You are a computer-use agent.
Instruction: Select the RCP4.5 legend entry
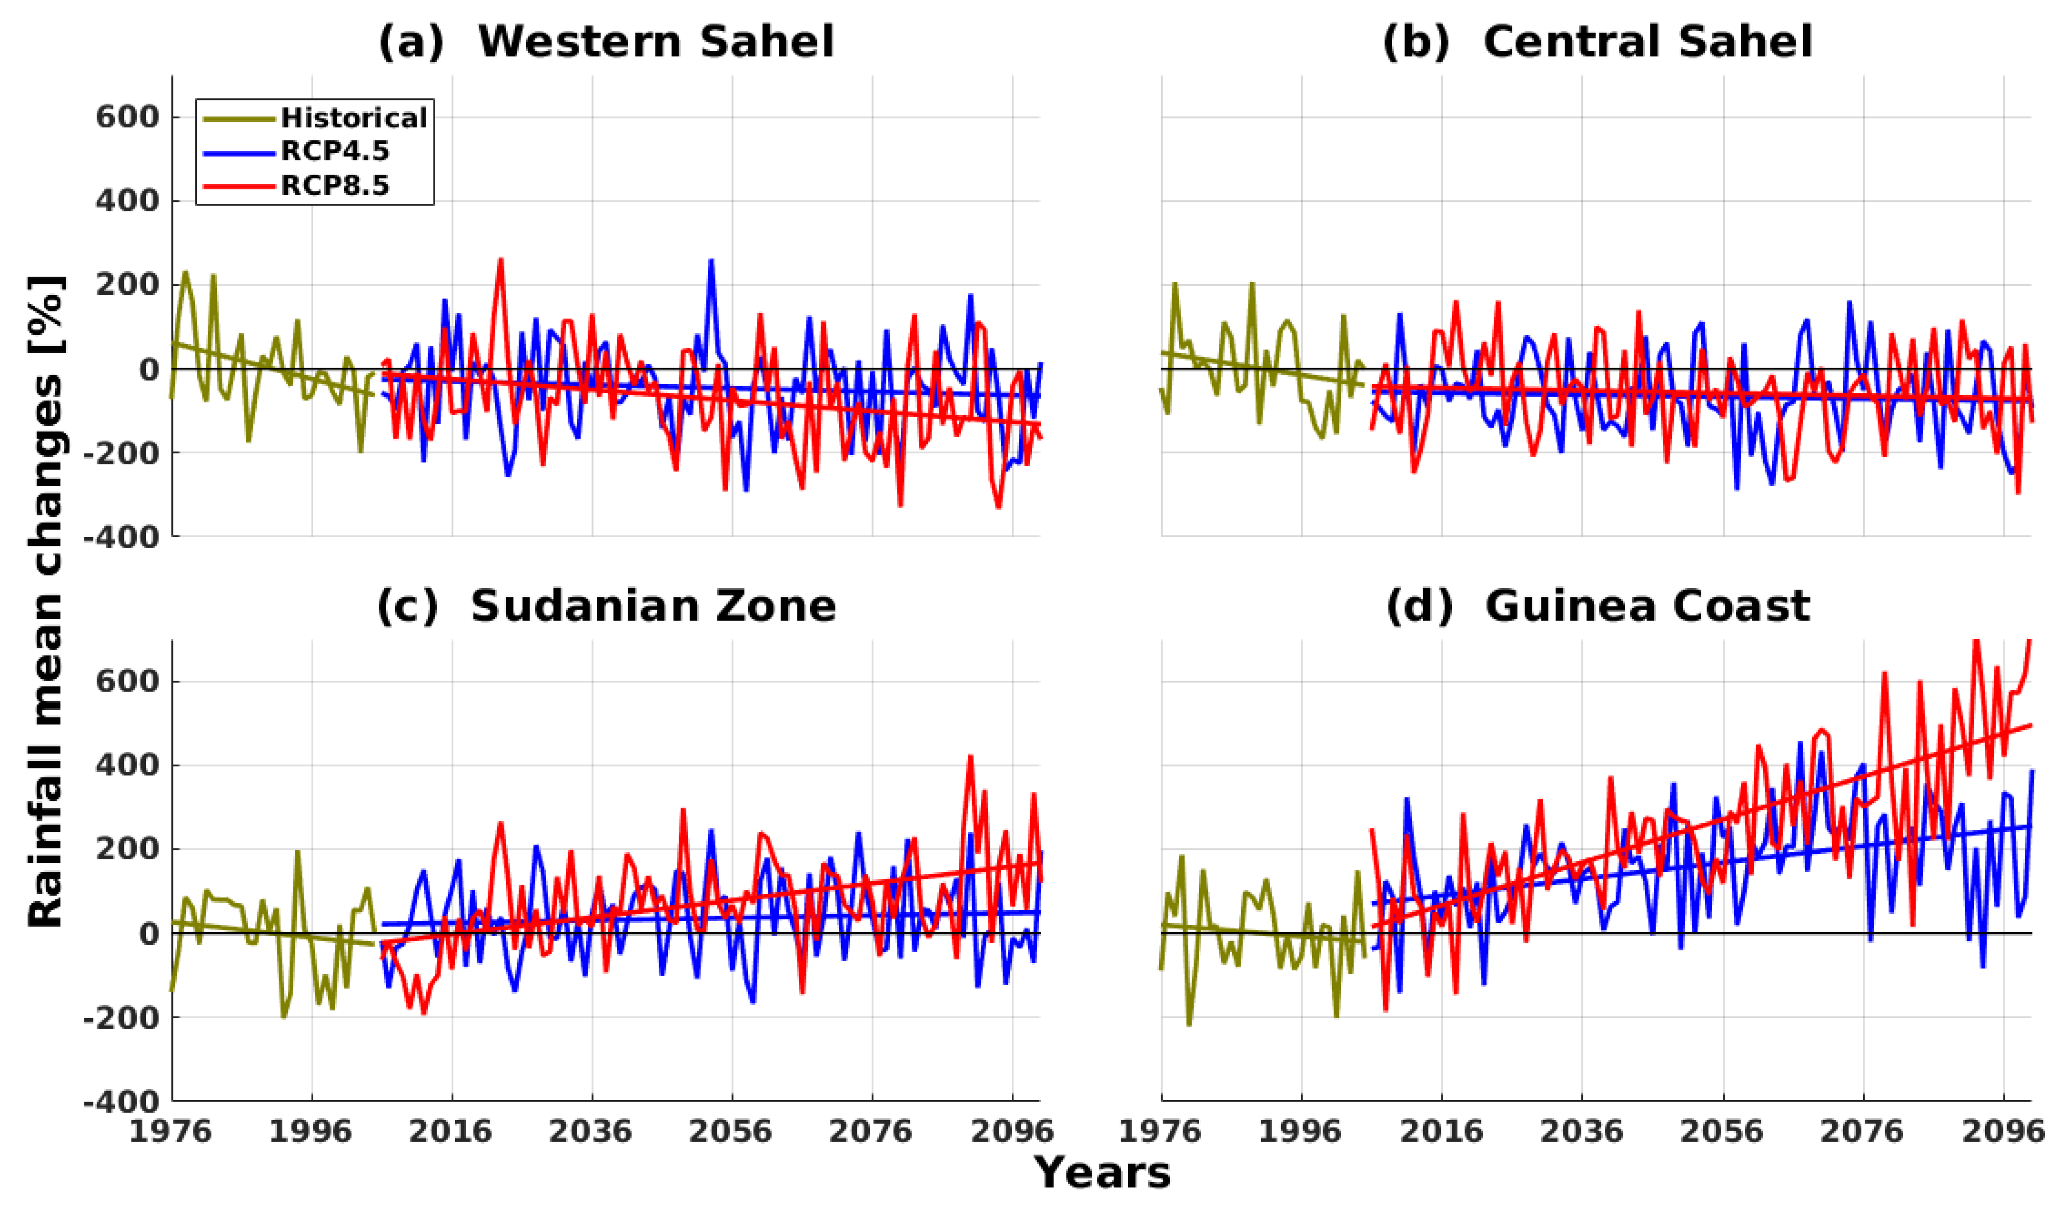[334, 152]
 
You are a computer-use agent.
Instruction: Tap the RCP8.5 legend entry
[334, 186]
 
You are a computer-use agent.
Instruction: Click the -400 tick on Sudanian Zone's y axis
[121, 1102]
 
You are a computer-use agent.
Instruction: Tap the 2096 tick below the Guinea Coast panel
[2003, 1132]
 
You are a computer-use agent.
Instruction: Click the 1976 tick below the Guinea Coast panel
[1161, 1132]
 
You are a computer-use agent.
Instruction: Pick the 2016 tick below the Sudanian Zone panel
[451, 1132]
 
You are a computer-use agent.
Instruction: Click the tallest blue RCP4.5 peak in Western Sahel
[711, 261]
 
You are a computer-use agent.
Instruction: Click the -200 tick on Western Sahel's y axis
[121, 453]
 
